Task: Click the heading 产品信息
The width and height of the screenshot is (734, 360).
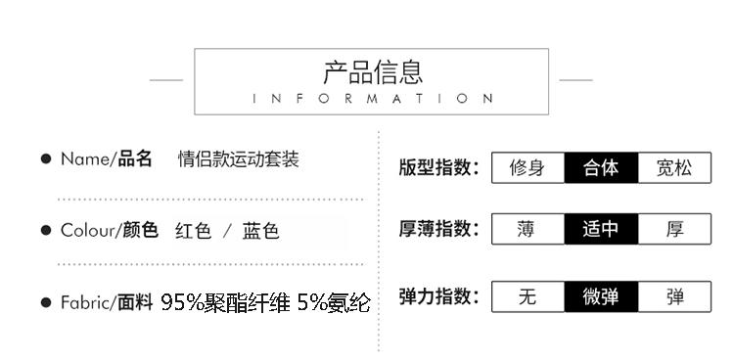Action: point(373,72)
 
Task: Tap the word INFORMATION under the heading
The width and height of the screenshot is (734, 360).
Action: point(373,99)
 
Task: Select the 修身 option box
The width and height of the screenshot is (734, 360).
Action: point(528,167)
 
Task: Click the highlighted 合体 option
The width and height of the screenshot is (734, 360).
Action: point(601,167)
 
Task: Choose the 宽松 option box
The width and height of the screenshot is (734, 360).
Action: point(674,167)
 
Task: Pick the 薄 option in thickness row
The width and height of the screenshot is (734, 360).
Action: point(528,229)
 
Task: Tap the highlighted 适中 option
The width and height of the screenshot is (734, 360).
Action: point(601,229)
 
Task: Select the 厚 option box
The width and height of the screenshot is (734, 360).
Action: point(674,229)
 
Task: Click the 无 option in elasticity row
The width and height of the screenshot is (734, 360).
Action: point(528,296)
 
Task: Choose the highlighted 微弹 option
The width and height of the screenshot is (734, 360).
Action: point(601,296)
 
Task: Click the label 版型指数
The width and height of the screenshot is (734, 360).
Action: point(439,167)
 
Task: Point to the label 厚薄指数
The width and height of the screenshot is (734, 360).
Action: point(439,229)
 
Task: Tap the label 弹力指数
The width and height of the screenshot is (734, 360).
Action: point(439,296)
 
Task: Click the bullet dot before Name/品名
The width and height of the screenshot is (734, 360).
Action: point(46,159)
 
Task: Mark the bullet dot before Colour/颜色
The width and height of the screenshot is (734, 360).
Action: point(46,230)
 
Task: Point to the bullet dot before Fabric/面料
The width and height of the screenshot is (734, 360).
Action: point(46,302)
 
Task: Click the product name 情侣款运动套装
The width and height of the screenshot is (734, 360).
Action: point(238,159)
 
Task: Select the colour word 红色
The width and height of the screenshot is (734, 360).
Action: point(194,231)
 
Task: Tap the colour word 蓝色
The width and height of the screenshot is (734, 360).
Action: point(260,231)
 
